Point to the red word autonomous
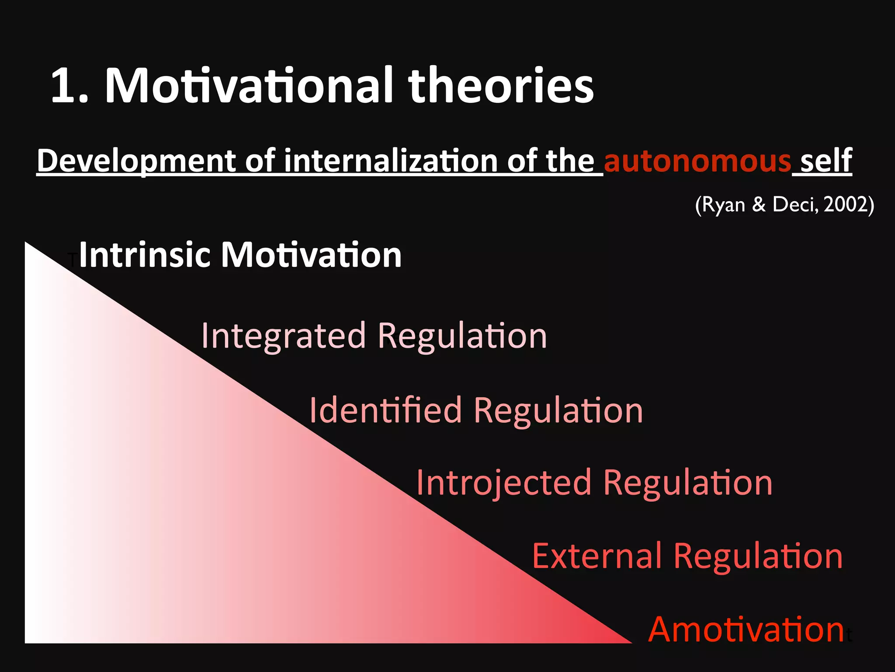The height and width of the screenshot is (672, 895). pyautogui.click(x=697, y=161)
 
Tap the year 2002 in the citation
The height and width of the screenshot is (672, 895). pyautogui.click(x=845, y=204)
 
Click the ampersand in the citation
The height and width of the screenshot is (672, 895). pyautogui.click(x=759, y=204)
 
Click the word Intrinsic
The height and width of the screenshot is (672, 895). pyautogui.click(x=144, y=255)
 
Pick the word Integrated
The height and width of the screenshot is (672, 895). pyautogui.click(x=283, y=336)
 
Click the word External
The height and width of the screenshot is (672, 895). pyautogui.click(x=597, y=556)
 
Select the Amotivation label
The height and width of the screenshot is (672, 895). pyautogui.click(x=746, y=630)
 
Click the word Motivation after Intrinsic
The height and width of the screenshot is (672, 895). pyautogui.click(x=311, y=255)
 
